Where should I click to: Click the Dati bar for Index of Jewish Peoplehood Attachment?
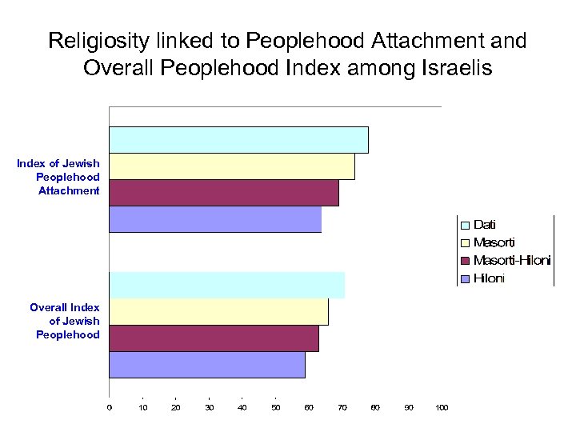[x=238, y=140]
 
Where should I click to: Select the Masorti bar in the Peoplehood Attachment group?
[x=232, y=166]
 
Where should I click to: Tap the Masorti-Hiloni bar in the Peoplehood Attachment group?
[x=224, y=193]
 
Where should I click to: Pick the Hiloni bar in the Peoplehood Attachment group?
[x=215, y=219]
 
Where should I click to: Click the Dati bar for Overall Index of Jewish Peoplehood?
[x=226, y=286]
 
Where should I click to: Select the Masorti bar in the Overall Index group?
[x=218, y=312]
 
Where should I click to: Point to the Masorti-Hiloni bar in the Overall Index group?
[x=214, y=338]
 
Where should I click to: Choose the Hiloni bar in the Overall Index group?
[x=207, y=365]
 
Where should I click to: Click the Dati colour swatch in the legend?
[x=465, y=226]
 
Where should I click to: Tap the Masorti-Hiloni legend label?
[x=512, y=261]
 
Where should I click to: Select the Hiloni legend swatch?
[x=465, y=279]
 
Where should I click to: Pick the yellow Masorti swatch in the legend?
[x=465, y=243]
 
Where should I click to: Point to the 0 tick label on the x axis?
[x=110, y=408]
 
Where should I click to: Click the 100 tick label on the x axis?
[x=442, y=408]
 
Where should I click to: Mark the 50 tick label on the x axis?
[x=275, y=408]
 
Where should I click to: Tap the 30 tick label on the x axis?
[x=209, y=408]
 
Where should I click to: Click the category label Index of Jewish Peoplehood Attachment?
[x=60, y=177]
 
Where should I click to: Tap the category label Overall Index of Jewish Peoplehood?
[x=66, y=321]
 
